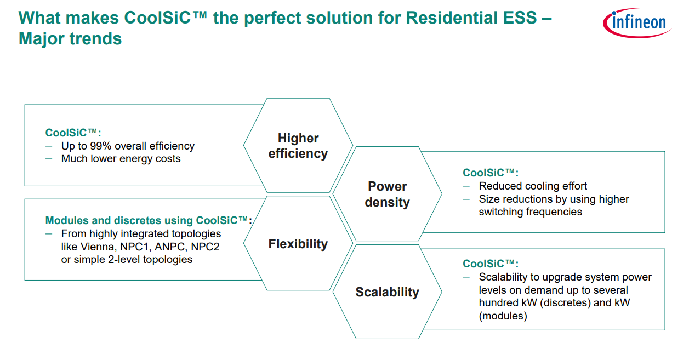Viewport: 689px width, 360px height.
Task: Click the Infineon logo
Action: tap(637, 23)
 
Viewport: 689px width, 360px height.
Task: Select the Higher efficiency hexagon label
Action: tap(298, 146)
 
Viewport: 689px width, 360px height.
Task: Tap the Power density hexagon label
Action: tap(387, 195)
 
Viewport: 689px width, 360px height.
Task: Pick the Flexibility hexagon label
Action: tap(298, 244)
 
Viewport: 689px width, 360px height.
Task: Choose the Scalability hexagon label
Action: tap(387, 292)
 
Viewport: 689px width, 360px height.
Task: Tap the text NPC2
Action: tap(205, 247)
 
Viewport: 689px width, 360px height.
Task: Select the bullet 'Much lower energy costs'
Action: tap(121, 159)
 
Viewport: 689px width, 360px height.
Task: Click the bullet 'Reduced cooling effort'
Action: tap(533, 186)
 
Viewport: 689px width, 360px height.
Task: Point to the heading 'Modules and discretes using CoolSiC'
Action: tap(148, 221)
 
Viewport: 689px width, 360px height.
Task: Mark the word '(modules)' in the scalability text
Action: tap(503, 316)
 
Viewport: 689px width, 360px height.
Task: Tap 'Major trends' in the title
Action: tap(70, 39)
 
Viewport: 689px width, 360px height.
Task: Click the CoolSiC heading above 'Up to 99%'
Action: tap(73, 133)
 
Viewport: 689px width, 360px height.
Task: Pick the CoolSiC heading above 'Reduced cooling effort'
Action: tap(491, 173)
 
